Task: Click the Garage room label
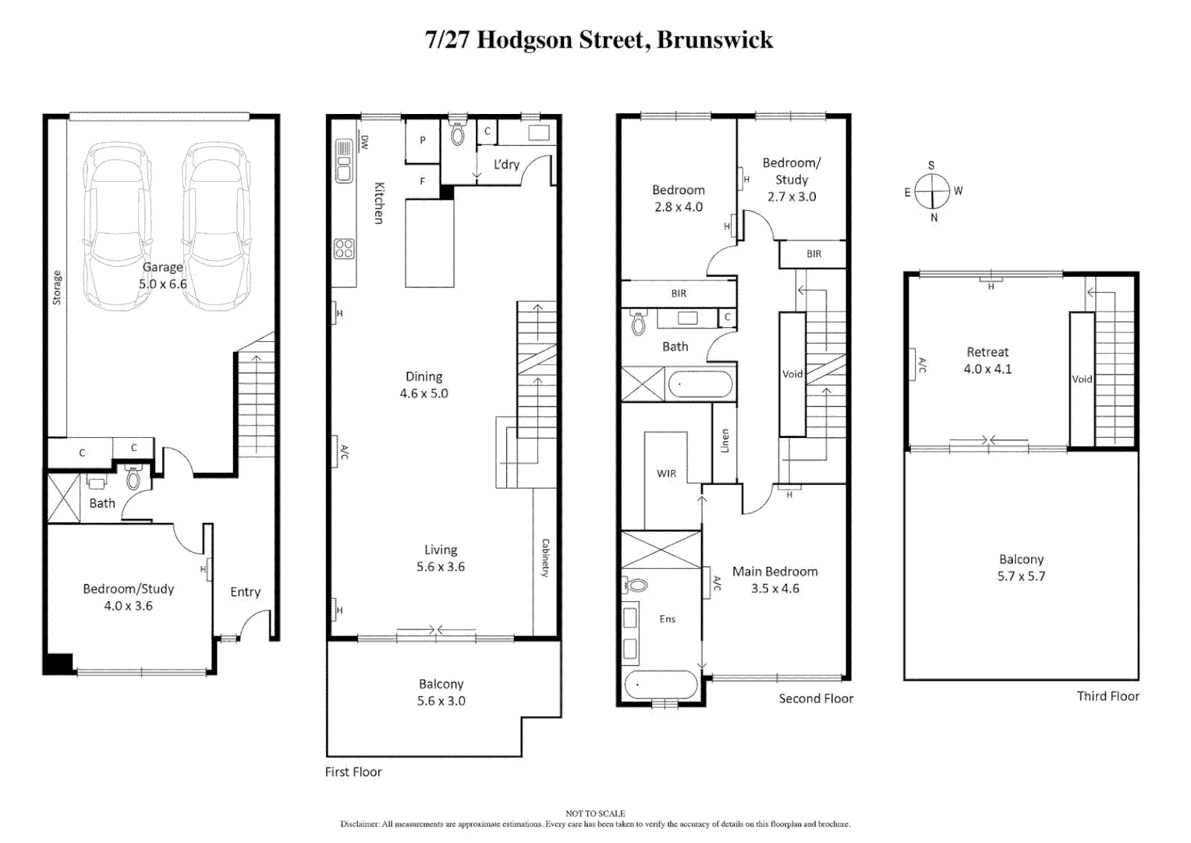pyautogui.click(x=162, y=267)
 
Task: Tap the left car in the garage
pyautogui.click(x=117, y=226)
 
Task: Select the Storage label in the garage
pyautogui.click(x=57, y=287)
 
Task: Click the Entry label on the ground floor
pyautogui.click(x=245, y=592)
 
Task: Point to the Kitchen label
pyautogui.click(x=379, y=203)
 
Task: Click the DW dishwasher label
pyautogui.click(x=364, y=142)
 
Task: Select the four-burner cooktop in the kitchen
pyautogui.click(x=344, y=249)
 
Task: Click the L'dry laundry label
pyautogui.click(x=506, y=164)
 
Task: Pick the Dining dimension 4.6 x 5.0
pyautogui.click(x=424, y=393)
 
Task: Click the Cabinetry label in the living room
pyautogui.click(x=545, y=557)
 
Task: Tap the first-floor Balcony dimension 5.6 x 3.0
pyautogui.click(x=441, y=701)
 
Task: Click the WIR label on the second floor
pyautogui.click(x=666, y=473)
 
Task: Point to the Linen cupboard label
pyautogui.click(x=725, y=441)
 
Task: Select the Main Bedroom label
pyautogui.click(x=775, y=571)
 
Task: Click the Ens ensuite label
pyautogui.click(x=667, y=619)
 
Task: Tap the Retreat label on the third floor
pyautogui.click(x=987, y=352)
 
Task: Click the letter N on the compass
pyautogui.click(x=934, y=218)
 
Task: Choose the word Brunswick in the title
pyautogui.click(x=714, y=39)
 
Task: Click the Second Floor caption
pyautogui.click(x=815, y=699)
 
